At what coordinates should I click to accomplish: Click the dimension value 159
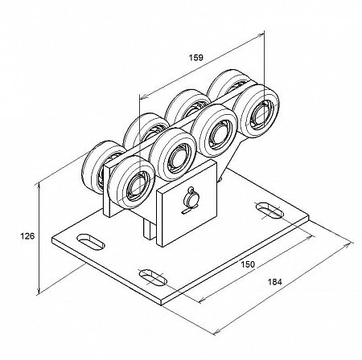click(x=196, y=58)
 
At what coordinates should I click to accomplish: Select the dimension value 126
click(x=27, y=236)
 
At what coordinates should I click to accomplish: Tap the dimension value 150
click(x=247, y=264)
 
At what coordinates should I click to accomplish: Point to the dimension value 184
click(x=274, y=282)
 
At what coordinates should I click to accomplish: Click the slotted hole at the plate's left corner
click(x=91, y=242)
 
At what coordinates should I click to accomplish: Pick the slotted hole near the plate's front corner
click(x=153, y=277)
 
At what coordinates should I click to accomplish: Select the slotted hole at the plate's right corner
click(x=269, y=211)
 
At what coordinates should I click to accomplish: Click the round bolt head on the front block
click(x=191, y=199)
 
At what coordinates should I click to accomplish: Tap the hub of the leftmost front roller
click(x=135, y=186)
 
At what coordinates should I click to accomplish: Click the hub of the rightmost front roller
click(x=261, y=115)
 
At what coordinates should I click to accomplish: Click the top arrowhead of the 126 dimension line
click(x=39, y=184)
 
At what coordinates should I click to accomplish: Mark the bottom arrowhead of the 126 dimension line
click(x=39, y=292)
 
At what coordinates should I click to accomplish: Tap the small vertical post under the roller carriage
click(x=147, y=228)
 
